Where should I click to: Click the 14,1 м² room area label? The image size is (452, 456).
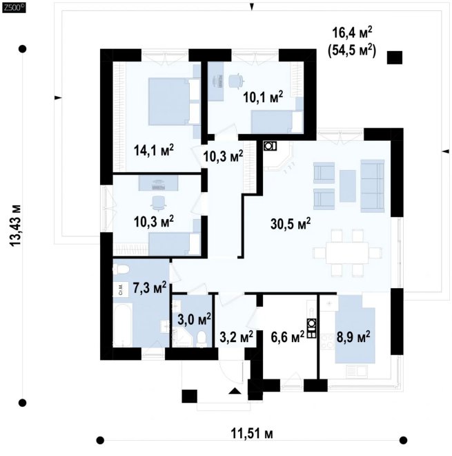154,151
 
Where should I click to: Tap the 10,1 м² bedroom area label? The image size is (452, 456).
263,97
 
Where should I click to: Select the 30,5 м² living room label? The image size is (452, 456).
291,224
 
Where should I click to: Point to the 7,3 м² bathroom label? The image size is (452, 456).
150,287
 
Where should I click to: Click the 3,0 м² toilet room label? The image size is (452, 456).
194,320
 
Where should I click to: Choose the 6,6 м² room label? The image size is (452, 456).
288,337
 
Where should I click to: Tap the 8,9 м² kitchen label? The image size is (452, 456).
353,337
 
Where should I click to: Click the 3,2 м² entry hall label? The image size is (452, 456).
236,337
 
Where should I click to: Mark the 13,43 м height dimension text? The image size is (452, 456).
15,226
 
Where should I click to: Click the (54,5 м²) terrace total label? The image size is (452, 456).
352,50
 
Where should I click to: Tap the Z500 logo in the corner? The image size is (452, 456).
14,8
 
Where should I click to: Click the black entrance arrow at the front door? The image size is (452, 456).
235,391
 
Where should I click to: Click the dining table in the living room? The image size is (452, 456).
347,253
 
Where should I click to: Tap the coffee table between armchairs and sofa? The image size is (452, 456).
348,186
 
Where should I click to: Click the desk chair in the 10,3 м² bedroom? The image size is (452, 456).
158,202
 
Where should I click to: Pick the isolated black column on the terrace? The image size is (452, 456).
395,57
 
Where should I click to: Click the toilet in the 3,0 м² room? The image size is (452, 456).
202,339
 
